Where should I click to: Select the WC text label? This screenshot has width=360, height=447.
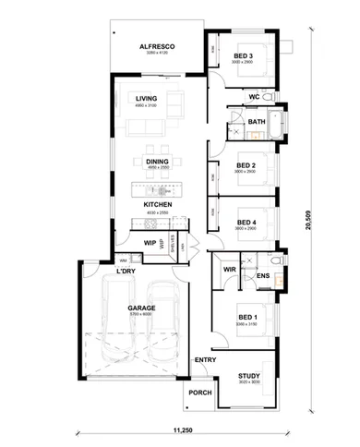pos(253,96)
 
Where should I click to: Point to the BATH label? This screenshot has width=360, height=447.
pos(256,121)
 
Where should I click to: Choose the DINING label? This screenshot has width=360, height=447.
pos(157,162)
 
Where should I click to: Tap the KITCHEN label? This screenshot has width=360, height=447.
pos(156,204)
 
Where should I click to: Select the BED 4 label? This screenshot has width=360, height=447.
pos(246,222)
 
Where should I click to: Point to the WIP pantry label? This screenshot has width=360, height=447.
pos(149,243)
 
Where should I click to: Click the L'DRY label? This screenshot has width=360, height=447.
pos(126,272)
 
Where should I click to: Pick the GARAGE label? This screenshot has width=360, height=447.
pos(141,308)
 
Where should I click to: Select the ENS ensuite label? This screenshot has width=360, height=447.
pos(263,275)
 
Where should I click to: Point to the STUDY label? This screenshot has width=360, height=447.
pos(248,376)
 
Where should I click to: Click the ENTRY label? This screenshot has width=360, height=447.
pos(203,358)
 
